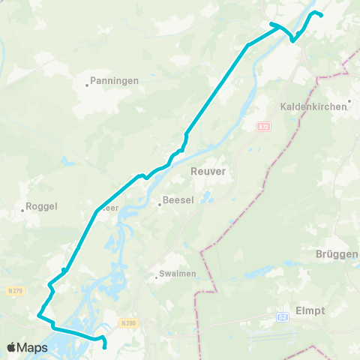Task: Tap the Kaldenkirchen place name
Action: [x=315, y=106]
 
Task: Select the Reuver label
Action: [x=209, y=171]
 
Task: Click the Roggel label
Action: [x=41, y=205]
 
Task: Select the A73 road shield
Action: [x=262, y=127]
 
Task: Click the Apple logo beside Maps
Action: [x=12, y=347]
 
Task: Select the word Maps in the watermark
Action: [x=32, y=347]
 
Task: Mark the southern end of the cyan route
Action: [x=103, y=347]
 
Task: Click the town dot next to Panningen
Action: [x=87, y=85]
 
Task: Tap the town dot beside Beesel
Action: [x=159, y=202]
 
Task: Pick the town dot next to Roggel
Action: [x=22, y=211]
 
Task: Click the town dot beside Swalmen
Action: [x=156, y=277]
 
